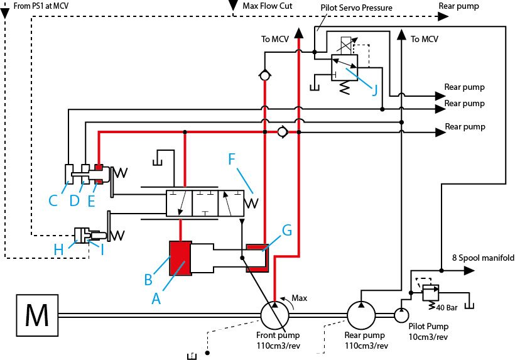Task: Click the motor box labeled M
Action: coord(37,315)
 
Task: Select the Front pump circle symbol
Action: coord(274,315)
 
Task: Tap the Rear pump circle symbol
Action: coord(361,315)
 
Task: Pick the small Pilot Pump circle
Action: coord(401,315)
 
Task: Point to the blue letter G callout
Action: coord(287,230)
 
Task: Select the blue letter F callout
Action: coord(232,159)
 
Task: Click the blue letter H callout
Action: coord(59,249)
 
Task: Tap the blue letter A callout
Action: coord(156,298)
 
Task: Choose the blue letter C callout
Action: coord(53,200)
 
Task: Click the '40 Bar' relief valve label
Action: coord(447,308)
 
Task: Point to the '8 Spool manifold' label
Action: coord(483,258)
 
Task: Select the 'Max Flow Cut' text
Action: coord(268,6)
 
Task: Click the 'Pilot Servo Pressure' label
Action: coord(356,8)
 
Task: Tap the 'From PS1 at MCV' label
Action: coord(41,6)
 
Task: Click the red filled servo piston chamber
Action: coord(180,258)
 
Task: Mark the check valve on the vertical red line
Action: coord(264,75)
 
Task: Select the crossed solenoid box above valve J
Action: coord(346,46)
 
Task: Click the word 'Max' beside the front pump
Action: coord(299,298)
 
